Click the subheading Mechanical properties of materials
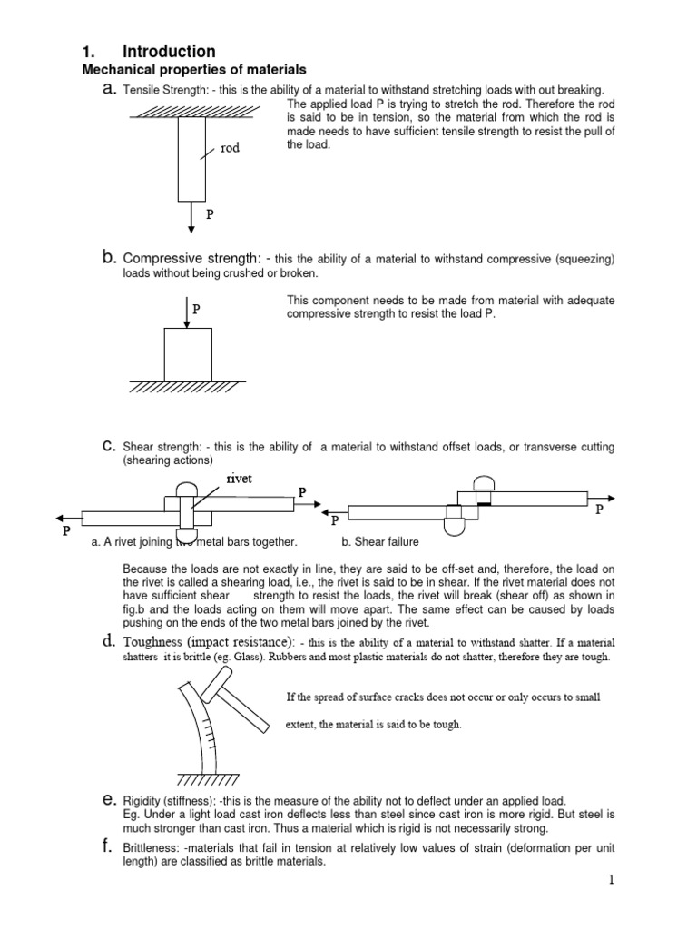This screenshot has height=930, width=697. (194, 70)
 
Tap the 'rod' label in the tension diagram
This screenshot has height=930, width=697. (229, 148)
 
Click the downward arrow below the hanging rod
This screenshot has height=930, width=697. (191, 216)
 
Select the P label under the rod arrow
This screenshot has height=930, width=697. (210, 216)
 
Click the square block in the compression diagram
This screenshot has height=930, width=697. (188, 354)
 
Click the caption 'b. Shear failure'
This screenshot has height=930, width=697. (379, 542)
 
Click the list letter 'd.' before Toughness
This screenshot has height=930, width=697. (108, 642)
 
